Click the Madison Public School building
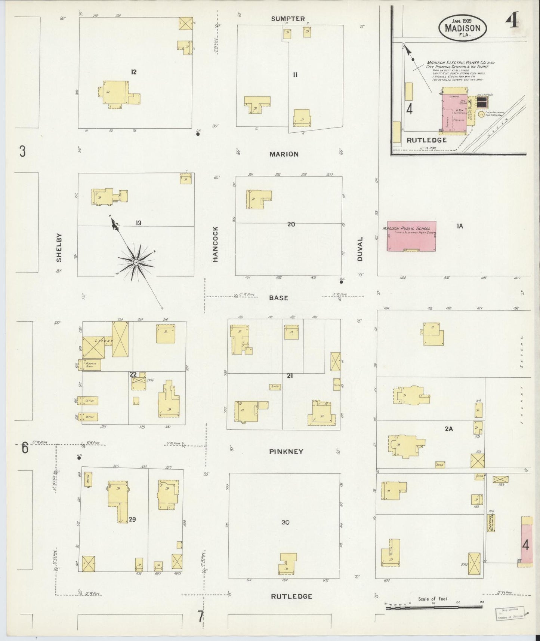pos(411,236)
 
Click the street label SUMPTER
pos(288,19)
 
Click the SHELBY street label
pos(59,248)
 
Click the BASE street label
pos(279,298)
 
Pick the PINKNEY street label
pos(286,451)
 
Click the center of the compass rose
pos(136,263)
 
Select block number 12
pos(133,72)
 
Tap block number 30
pos(286,522)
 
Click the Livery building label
pos(103,341)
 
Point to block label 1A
pos(459,226)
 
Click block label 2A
pos(449,429)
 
